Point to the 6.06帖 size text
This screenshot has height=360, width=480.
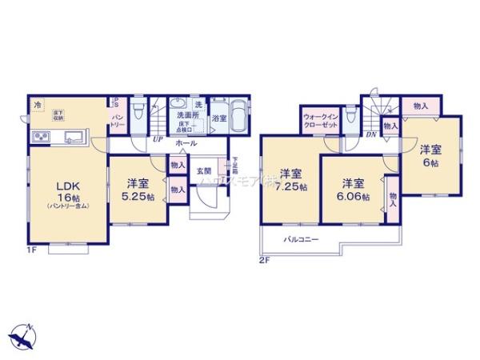coord(352,197)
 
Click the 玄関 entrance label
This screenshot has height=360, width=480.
coord(204,171)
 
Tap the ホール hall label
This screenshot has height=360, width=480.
coord(186,144)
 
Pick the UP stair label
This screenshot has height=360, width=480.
coord(158,137)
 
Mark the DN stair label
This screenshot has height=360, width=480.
coord(371,134)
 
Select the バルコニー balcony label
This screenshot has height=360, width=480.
coord(301,239)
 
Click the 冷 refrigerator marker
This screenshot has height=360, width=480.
coord(37,105)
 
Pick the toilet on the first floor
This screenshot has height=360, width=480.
coord(138,110)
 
